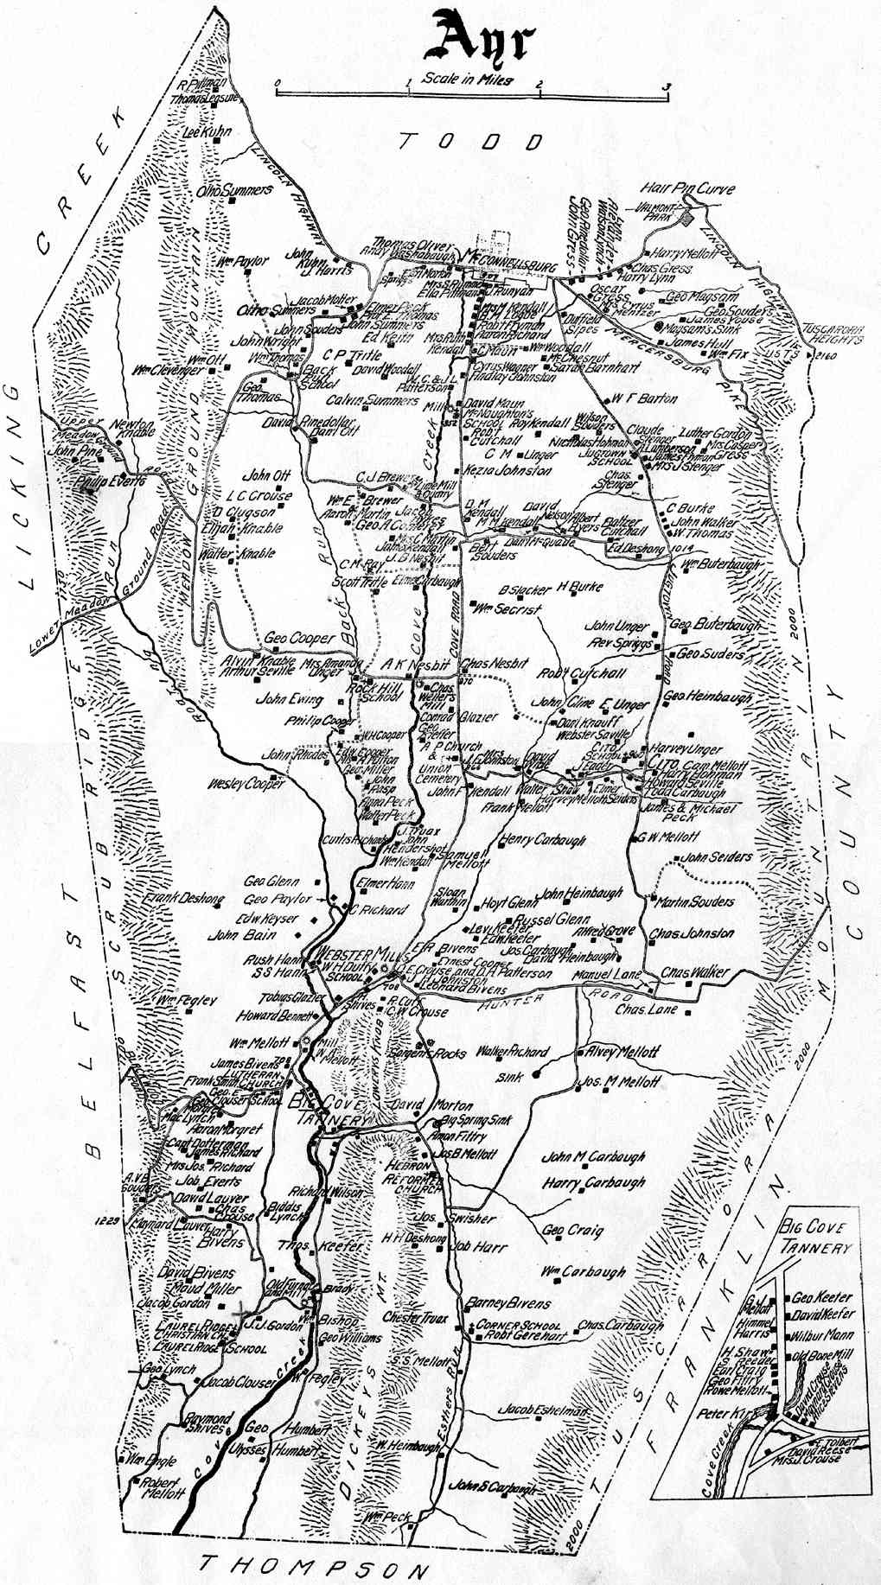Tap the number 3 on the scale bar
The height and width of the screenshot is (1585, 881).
coord(665,86)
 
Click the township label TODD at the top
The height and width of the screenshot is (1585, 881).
coord(471,142)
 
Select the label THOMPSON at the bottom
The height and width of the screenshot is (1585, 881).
coord(314,1563)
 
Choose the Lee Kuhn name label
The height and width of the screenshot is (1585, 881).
coord(203,133)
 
